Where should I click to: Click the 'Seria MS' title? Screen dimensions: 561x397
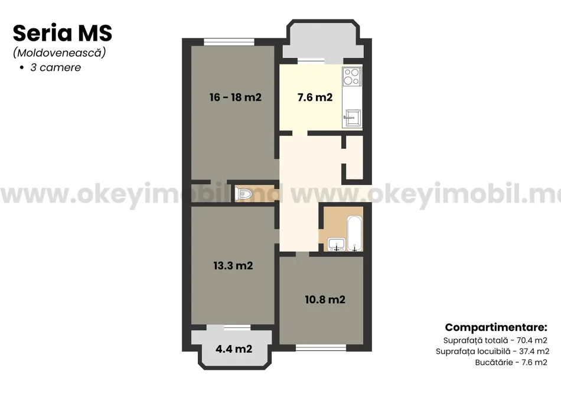pos(63,33)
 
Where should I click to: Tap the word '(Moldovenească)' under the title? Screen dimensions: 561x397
pos(60,53)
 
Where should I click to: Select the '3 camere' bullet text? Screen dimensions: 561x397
pos(56,67)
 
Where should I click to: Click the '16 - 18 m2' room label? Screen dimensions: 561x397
pos(236,97)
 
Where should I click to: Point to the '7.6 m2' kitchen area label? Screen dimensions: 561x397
pos(315,97)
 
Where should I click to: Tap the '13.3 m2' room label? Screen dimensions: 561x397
pos(233,266)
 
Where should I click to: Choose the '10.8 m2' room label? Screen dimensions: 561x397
pos(325,300)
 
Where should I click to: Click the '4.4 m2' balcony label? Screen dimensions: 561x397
pos(234,349)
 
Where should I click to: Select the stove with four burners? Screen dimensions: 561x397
pos(352,77)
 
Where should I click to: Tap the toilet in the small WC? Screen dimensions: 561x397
pos(244,194)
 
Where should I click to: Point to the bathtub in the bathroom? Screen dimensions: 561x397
pos(354,233)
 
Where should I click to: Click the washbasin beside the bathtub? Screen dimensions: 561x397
pos(337,244)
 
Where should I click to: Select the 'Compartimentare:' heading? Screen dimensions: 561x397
pos(496,327)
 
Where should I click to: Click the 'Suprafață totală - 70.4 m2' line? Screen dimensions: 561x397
pos(495,340)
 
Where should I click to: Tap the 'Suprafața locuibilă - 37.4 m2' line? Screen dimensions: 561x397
pos(492,352)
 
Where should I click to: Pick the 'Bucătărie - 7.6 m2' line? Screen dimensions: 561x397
pos(511,362)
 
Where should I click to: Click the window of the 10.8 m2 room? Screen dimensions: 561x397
pos(321,347)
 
